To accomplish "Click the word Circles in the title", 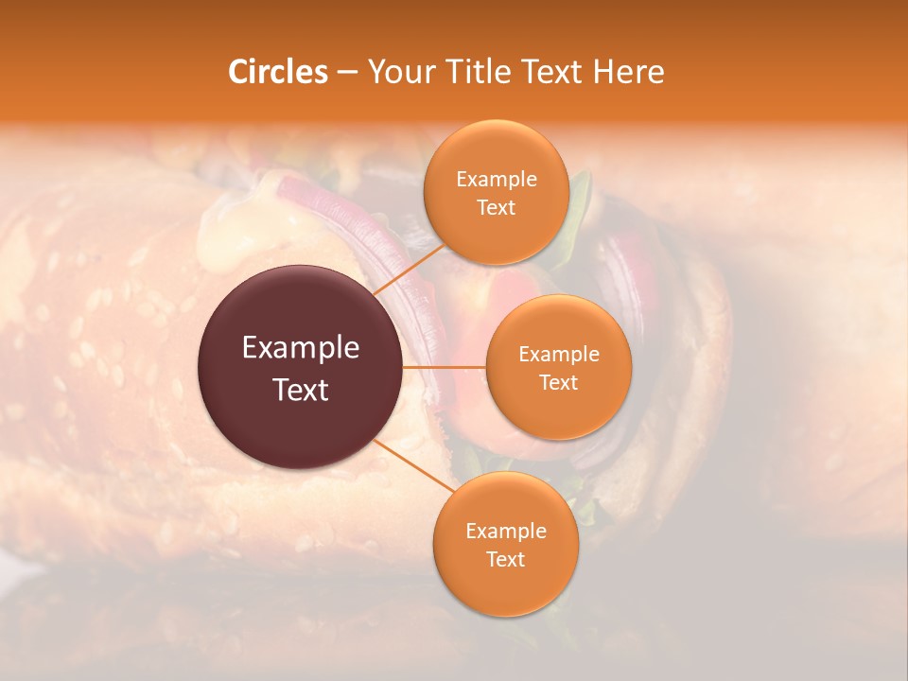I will coord(278,72).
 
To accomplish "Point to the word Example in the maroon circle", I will coord(301,348).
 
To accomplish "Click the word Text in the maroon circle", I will coord(301,390).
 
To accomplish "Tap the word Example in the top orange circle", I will coord(497,180).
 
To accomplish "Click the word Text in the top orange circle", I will coord(497,207).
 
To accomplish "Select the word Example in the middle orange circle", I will coord(559,355).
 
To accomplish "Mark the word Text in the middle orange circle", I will coord(559,382).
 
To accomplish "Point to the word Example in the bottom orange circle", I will coord(506,532).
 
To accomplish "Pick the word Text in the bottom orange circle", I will coord(506,559).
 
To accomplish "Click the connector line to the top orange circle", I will coord(409,270).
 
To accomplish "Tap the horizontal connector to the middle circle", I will coord(445,367).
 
